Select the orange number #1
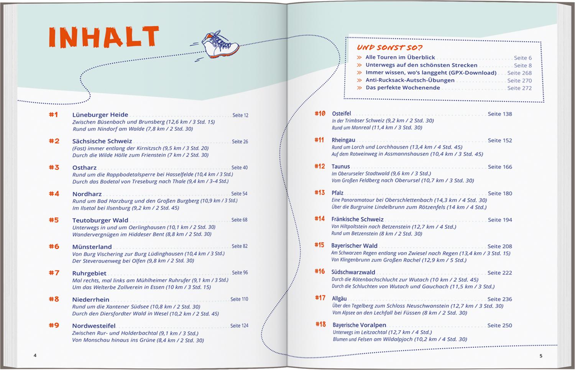point(53,115)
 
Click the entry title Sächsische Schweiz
point(102,141)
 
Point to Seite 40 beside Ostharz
point(240,168)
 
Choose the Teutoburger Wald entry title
point(100,220)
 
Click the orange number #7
point(54,273)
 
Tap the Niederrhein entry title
point(91,299)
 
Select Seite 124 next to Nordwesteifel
point(239,326)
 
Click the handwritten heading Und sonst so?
point(390,48)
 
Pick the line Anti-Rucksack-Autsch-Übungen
point(410,80)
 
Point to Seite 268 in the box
point(519,73)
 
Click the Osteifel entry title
point(341,114)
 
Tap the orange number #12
point(320,166)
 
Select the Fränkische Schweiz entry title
point(357,220)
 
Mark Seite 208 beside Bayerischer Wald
point(499,246)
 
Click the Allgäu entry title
point(339,299)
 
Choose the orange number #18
point(320,324)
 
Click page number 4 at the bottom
point(35,355)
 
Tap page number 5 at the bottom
point(541,356)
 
